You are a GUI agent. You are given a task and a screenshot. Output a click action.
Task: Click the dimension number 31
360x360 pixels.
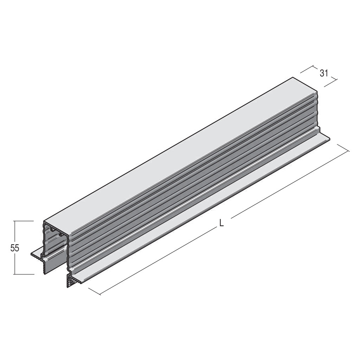click(323, 73)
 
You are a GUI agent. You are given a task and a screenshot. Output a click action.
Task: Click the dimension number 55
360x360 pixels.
click(15, 249)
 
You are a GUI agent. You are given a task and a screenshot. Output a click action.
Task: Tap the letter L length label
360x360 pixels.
click(221, 223)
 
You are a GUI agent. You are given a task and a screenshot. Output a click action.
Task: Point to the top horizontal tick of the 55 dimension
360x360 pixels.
click(24, 221)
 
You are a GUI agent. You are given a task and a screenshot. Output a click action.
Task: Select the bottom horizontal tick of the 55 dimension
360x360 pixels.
click(24, 274)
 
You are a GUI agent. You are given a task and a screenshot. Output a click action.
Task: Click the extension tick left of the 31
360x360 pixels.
click(307, 69)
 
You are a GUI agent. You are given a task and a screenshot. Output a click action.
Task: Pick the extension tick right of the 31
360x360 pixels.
click(331, 83)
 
